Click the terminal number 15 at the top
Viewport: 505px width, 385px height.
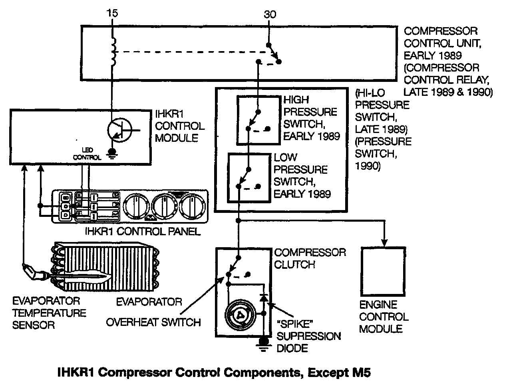coord(112,13)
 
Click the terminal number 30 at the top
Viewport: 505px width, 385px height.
coord(270,15)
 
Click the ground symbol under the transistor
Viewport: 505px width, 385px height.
coord(113,152)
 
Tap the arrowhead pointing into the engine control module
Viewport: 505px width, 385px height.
coord(384,242)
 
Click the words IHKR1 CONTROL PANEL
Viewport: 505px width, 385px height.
coord(143,231)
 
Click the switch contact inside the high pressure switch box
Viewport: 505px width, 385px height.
coord(253,120)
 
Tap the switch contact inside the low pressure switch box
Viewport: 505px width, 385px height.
coord(244,178)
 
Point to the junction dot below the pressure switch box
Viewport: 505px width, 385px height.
coord(238,220)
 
